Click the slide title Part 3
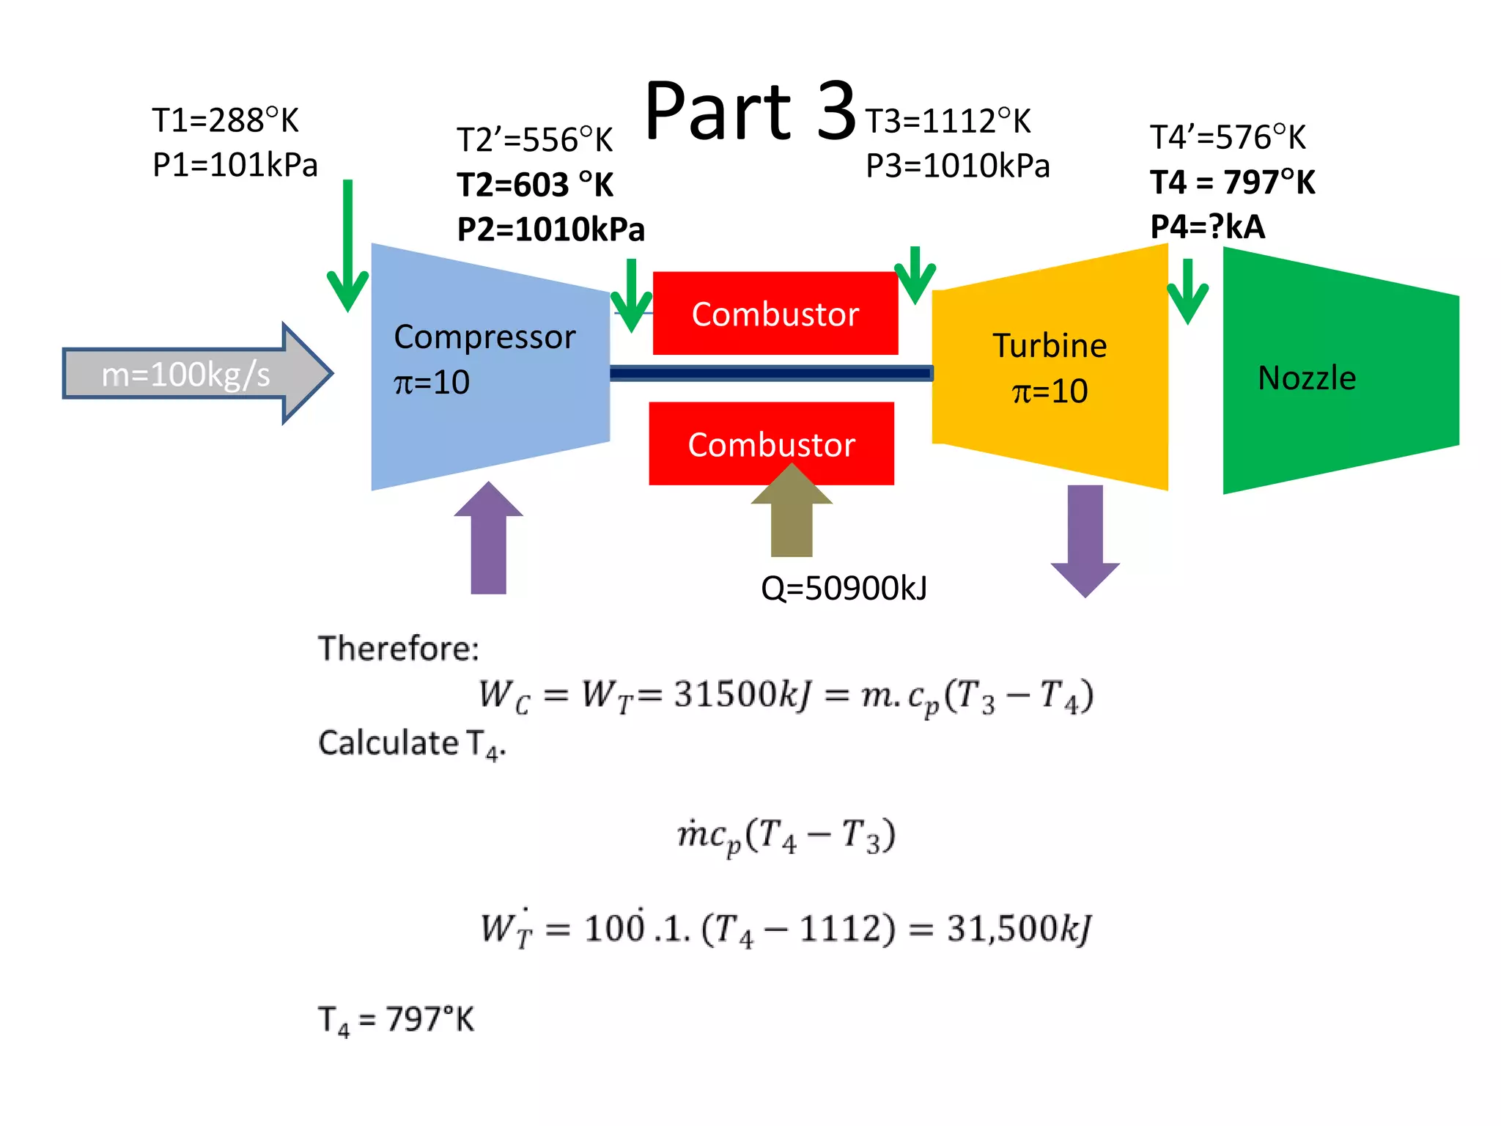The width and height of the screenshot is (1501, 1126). pos(749,111)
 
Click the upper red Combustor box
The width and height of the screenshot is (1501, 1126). pos(775,314)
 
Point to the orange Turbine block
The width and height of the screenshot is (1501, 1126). pos(1050,367)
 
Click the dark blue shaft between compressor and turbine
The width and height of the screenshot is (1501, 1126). pos(770,374)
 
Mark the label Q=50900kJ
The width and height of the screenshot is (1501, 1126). pos(844,588)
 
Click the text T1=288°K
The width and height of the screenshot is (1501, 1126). pos(225,120)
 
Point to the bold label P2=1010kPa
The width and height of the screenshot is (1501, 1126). pos(550,229)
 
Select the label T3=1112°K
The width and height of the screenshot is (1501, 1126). pos(948,122)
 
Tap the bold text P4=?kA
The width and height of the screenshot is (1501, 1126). pos(1207,227)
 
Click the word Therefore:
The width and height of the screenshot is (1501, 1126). pos(398,648)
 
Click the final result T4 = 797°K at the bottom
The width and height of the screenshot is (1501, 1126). pos(396,1020)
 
